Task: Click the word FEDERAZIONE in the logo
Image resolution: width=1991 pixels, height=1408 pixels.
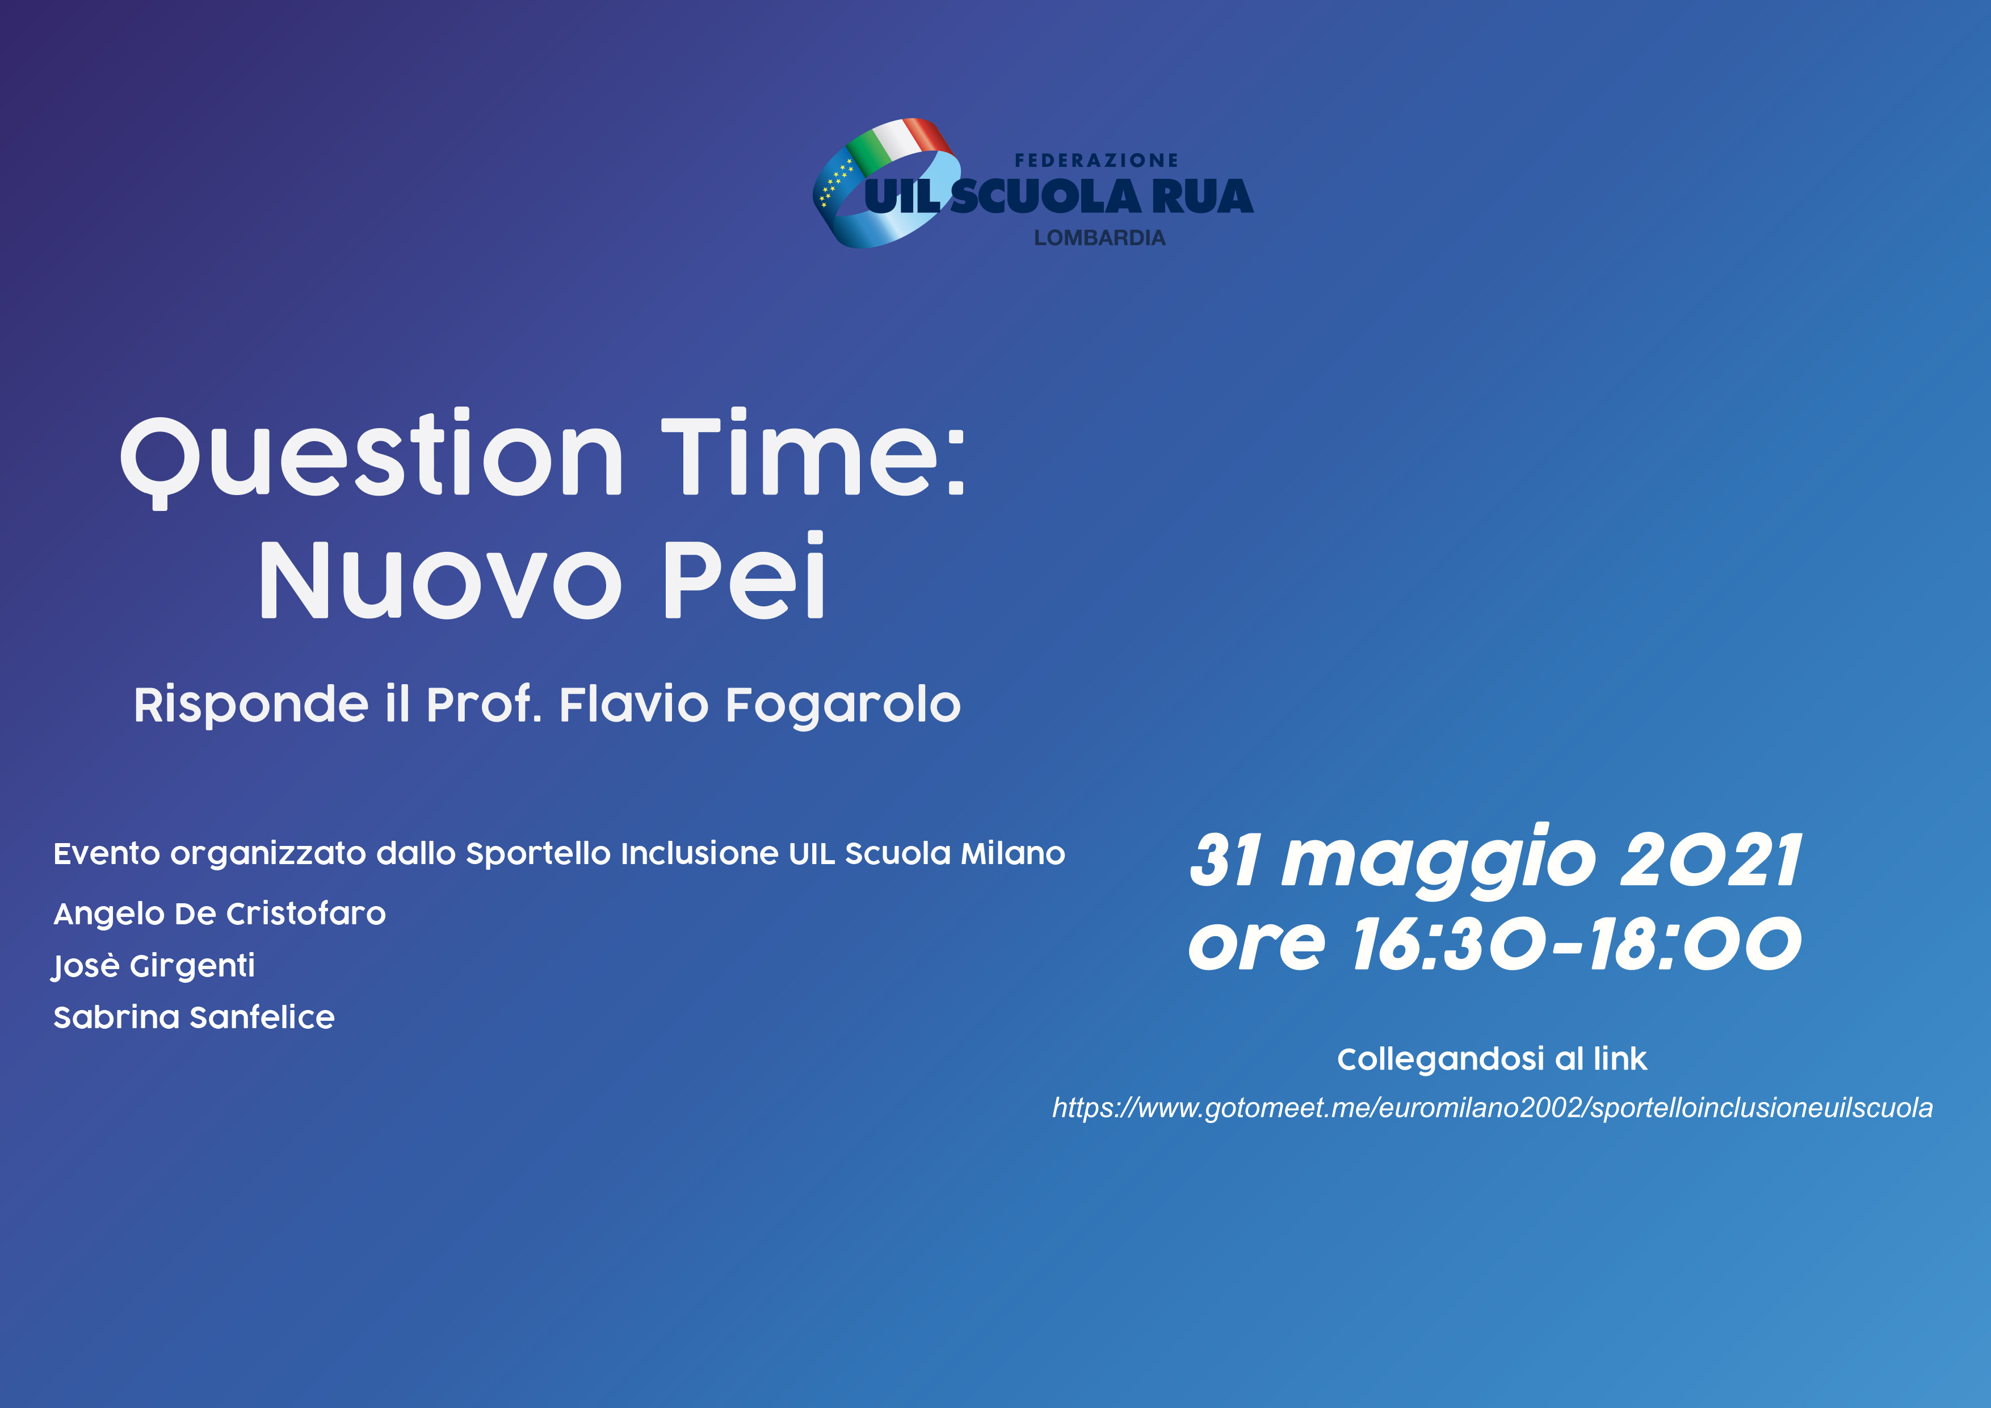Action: coord(1096,161)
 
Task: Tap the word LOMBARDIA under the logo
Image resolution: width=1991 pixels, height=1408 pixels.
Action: coord(1099,238)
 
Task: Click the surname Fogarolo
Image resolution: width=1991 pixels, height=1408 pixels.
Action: coord(843,705)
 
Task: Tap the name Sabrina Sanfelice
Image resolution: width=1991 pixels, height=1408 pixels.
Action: coord(194,1017)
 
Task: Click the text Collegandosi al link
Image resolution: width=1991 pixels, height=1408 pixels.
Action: coord(1492,1059)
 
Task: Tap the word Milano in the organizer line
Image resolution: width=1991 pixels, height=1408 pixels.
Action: coord(1013,854)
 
